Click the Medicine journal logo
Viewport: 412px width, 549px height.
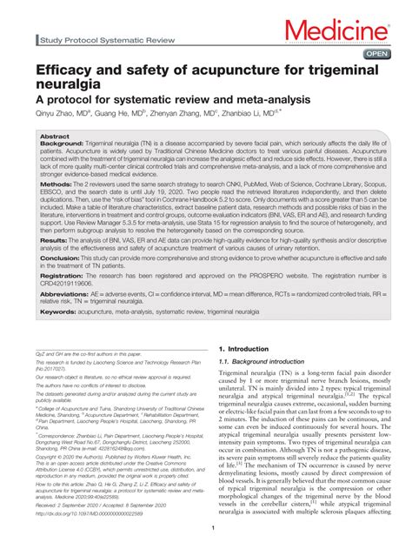coord(334,31)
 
